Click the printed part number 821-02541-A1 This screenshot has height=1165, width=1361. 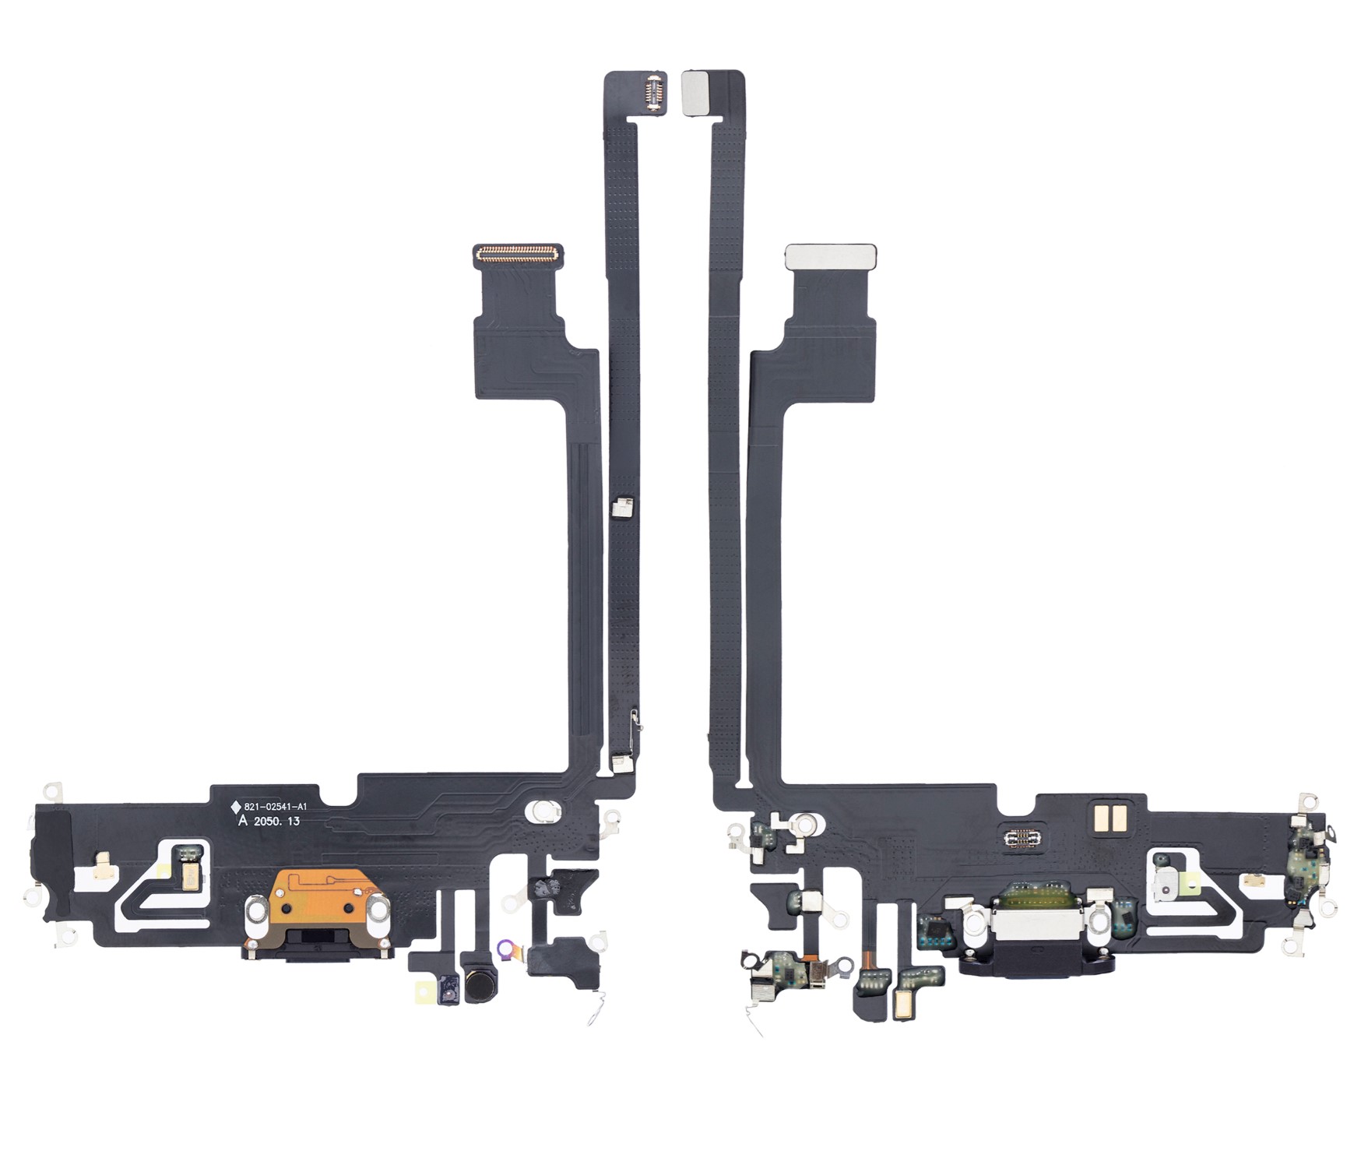(x=276, y=807)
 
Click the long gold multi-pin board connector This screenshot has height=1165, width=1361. (x=518, y=252)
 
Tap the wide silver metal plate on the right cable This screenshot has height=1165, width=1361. (x=831, y=254)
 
